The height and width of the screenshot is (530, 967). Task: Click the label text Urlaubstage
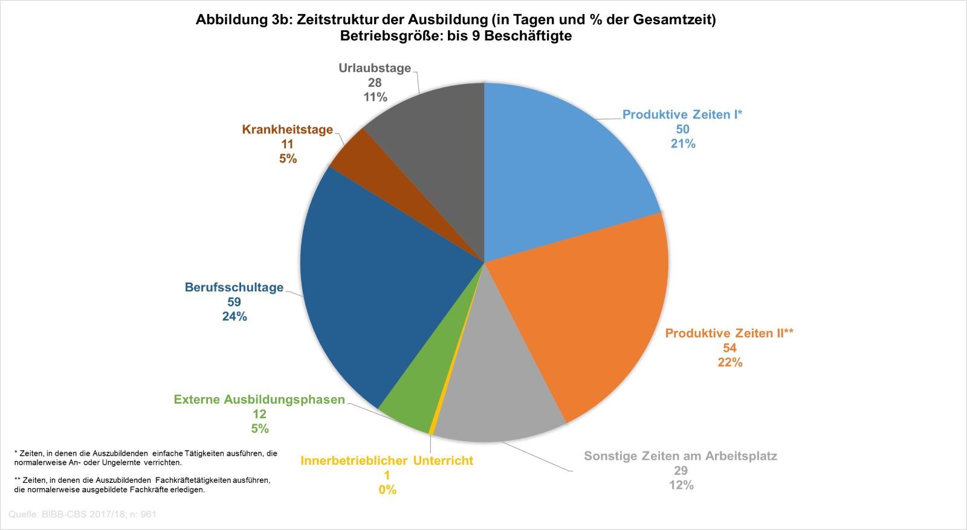(x=375, y=68)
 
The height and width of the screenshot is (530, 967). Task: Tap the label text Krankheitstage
(x=288, y=129)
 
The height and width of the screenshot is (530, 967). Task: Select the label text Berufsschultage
(x=234, y=288)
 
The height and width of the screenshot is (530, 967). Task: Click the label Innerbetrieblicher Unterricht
(x=387, y=461)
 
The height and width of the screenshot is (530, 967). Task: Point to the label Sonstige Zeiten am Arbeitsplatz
(x=681, y=456)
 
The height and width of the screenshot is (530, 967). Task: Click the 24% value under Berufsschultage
(x=234, y=317)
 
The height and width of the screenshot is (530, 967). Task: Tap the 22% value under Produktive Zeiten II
(x=729, y=363)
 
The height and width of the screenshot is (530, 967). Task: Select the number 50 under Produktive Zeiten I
(x=683, y=129)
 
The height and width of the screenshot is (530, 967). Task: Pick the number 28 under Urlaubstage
(x=375, y=83)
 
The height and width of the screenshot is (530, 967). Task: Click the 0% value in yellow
(x=387, y=490)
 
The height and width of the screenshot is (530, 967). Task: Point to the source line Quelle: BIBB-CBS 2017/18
(x=83, y=514)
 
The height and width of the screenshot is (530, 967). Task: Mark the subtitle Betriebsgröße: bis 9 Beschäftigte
(x=456, y=36)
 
